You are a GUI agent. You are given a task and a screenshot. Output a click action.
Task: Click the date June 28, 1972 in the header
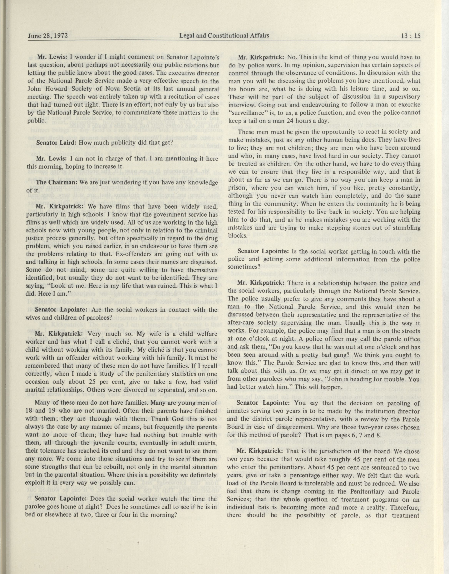tap(48, 36)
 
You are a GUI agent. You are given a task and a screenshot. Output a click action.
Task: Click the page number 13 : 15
tap(410, 36)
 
